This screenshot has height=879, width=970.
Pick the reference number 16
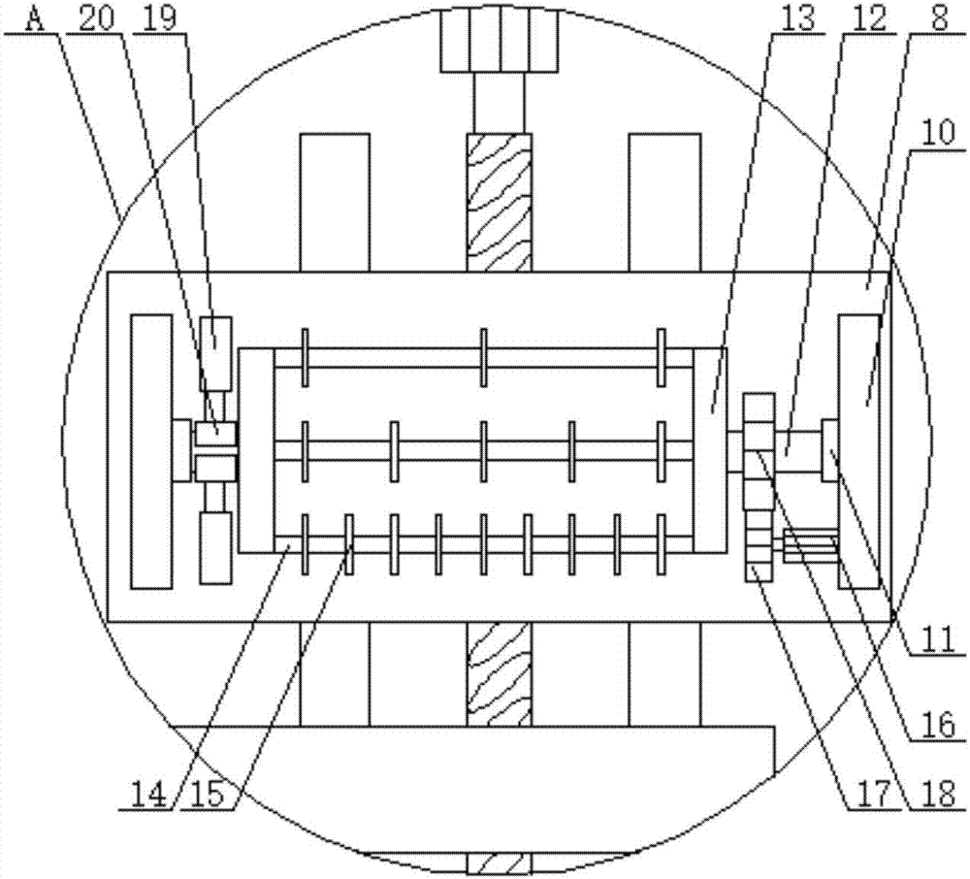click(938, 725)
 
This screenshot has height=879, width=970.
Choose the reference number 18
click(938, 795)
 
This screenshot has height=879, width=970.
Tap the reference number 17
click(870, 795)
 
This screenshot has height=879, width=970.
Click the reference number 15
click(208, 795)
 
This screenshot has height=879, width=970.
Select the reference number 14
click(147, 795)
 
